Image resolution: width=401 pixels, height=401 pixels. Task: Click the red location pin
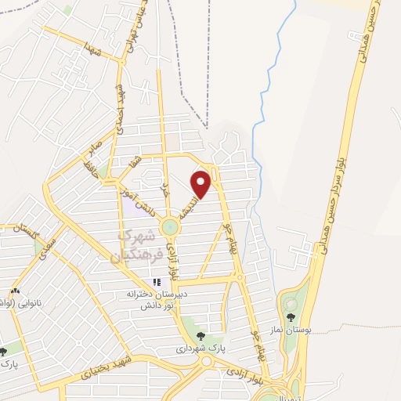pyautogui.click(x=202, y=183)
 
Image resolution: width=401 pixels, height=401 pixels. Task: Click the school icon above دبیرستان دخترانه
pyautogui.click(x=157, y=281)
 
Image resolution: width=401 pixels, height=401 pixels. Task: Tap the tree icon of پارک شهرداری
pyautogui.click(x=200, y=338)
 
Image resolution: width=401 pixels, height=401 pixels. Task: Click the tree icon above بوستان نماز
pyautogui.click(x=291, y=317)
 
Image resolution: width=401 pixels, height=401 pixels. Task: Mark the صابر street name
pyautogui.click(x=95, y=150)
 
